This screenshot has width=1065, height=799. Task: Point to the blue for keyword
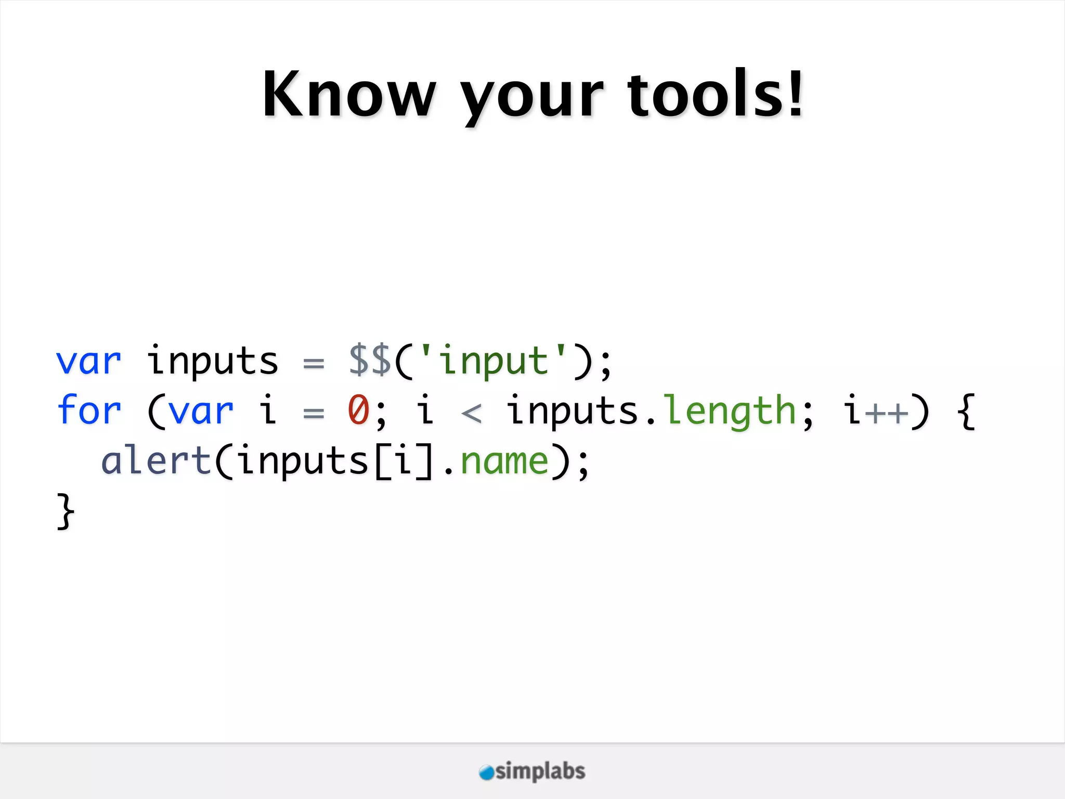coord(89,410)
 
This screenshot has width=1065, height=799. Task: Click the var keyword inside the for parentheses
coord(201,411)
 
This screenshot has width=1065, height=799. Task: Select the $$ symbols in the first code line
coord(370,360)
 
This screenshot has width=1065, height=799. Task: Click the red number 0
coord(359,410)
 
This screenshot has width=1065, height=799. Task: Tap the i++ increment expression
coord(876,411)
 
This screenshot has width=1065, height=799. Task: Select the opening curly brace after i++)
coord(966,411)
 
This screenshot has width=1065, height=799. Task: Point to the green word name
coord(505,462)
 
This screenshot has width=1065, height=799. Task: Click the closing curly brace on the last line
coord(66,511)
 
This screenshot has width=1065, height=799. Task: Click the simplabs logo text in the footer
coord(540,771)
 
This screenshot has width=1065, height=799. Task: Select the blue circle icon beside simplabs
coord(486,772)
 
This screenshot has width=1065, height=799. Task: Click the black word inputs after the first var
coord(213,361)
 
